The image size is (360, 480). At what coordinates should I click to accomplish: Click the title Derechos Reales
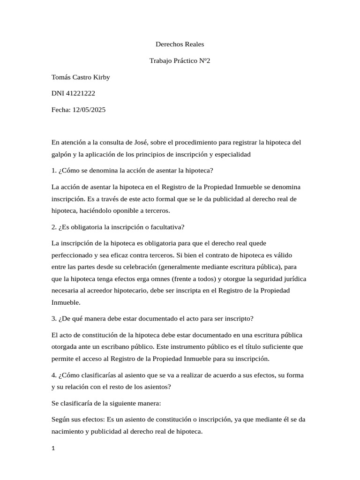pos(180,45)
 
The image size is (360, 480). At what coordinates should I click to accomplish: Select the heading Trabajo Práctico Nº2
pos(180,61)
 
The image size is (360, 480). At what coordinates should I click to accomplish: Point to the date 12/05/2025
pos(89,110)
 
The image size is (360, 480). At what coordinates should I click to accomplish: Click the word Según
pos(60,420)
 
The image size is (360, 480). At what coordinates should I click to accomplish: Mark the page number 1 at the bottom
pos(53,449)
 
